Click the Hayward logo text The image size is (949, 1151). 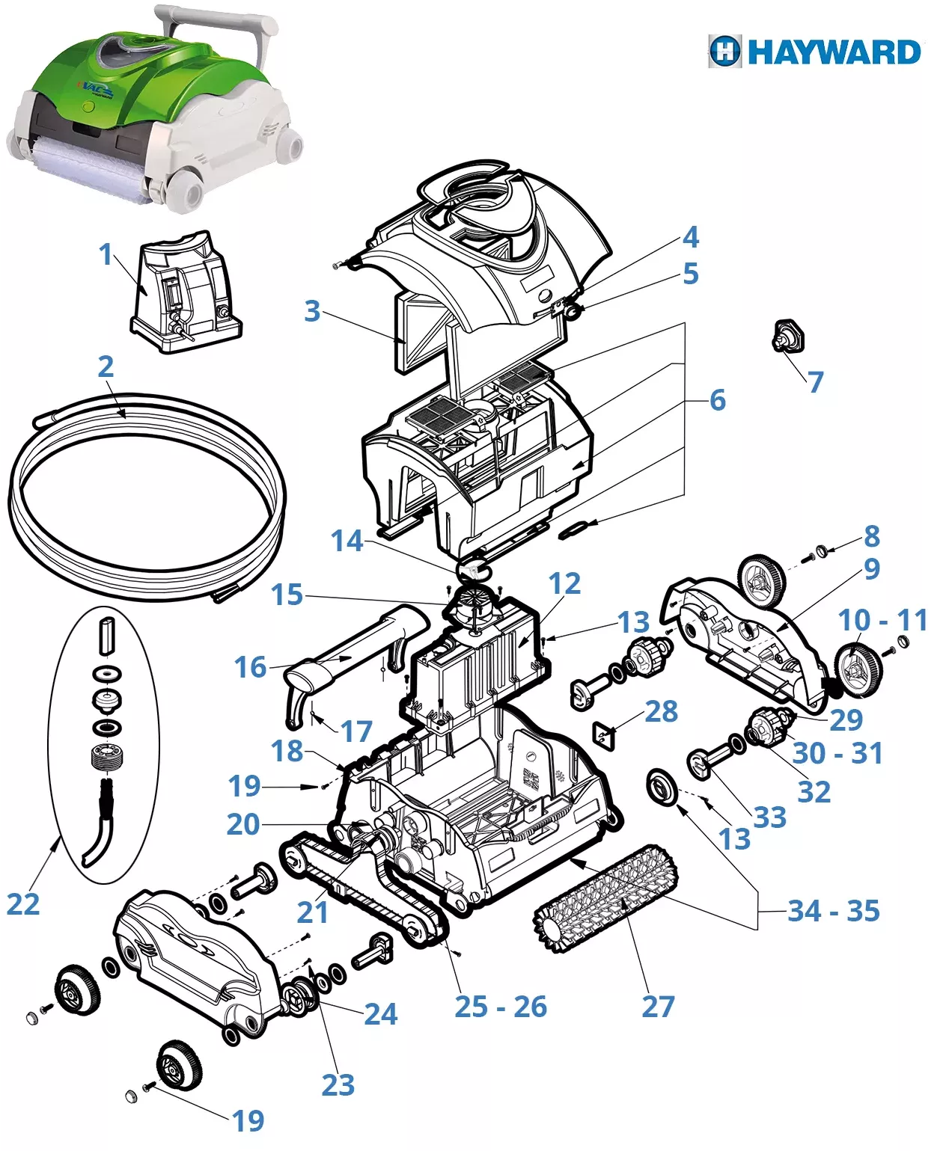click(x=833, y=52)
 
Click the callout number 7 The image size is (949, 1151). click(x=815, y=382)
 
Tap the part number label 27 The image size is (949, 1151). click(x=658, y=1007)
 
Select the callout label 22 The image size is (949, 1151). click(x=22, y=904)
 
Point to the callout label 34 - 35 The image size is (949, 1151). click(x=833, y=911)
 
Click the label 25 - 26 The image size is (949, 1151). click(x=501, y=1007)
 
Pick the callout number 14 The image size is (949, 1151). click(x=347, y=541)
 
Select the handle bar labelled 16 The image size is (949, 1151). click(x=352, y=651)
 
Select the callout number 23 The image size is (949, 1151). click(x=338, y=1084)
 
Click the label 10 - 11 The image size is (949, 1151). click(x=882, y=620)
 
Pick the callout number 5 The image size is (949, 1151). click(x=690, y=274)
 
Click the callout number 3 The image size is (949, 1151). click(x=312, y=311)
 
